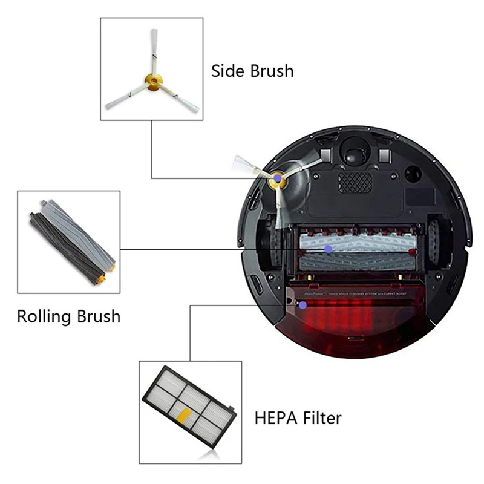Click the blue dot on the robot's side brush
click(x=277, y=179)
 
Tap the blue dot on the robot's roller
click(x=328, y=249)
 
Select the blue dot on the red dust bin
click(x=302, y=306)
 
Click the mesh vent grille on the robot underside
click(x=355, y=182)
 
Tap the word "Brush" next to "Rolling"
click(x=96, y=316)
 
